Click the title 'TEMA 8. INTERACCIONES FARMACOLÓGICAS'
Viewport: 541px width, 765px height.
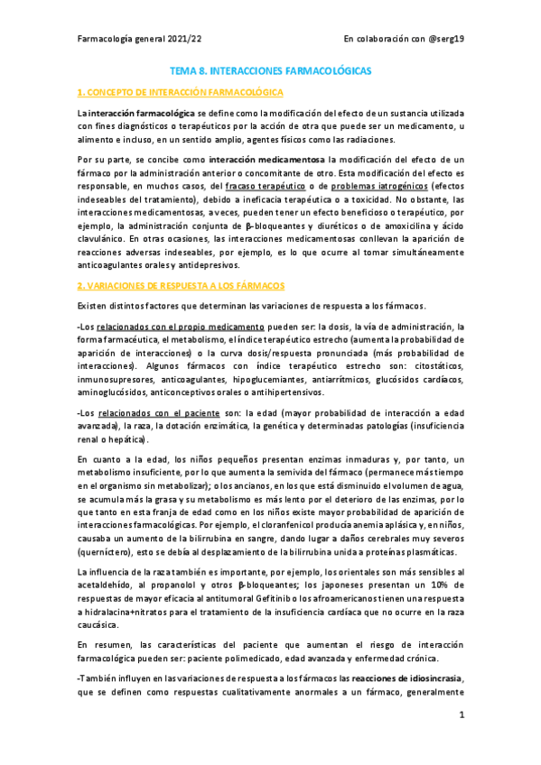pyautogui.click(x=271, y=69)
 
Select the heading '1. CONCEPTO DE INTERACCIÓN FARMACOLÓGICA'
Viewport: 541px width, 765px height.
pyautogui.click(x=181, y=92)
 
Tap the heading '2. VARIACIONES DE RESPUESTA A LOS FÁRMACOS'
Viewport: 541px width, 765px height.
pyautogui.click(x=182, y=285)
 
